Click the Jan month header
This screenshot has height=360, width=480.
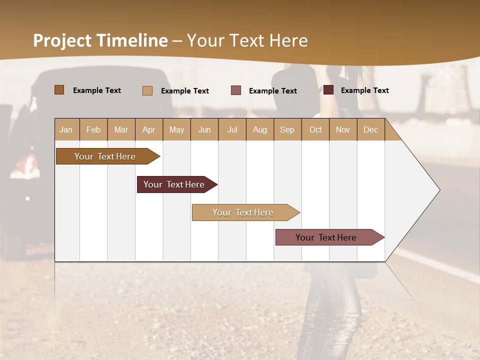pyautogui.click(x=66, y=129)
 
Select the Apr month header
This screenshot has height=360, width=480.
pyautogui.click(x=149, y=129)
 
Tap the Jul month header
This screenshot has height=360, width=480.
pyautogui.click(x=232, y=129)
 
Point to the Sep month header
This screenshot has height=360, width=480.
pyautogui.click(x=287, y=129)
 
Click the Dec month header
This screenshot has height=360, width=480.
pyautogui.click(x=370, y=129)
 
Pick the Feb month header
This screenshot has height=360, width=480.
pyautogui.click(x=93, y=129)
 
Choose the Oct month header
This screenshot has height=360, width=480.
pyautogui.click(x=315, y=129)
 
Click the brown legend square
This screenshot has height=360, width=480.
pyautogui.click(x=59, y=90)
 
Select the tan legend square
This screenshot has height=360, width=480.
pyautogui.click(x=147, y=90)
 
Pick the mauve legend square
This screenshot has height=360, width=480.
pyautogui.click(x=236, y=90)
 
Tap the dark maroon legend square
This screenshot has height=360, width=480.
pyautogui.click(x=328, y=90)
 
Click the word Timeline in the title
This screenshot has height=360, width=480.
pyautogui.click(x=132, y=40)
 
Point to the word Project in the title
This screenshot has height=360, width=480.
pyautogui.click(x=63, y=40)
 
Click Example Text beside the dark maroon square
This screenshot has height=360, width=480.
pyautogui.click(x=364, y=90)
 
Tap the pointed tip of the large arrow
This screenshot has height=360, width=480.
pyautogui.click(x=438, y=190)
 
